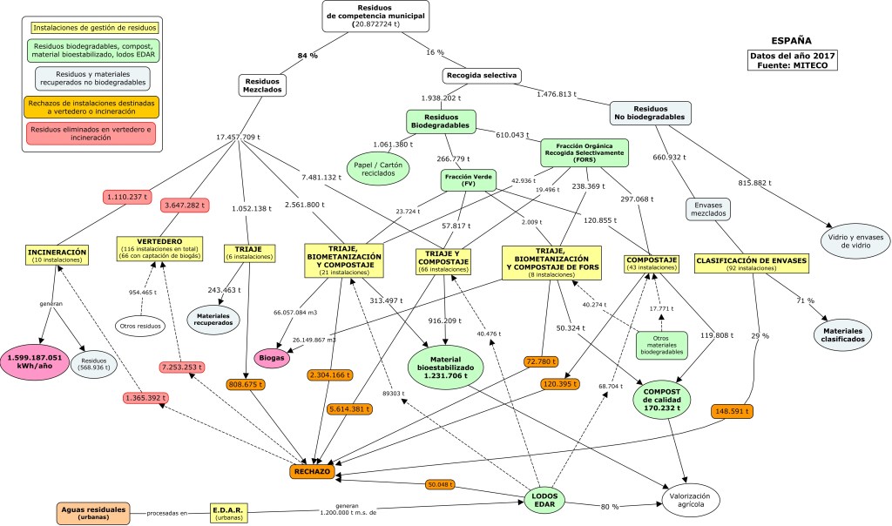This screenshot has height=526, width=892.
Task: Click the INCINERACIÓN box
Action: [x=57, y=254]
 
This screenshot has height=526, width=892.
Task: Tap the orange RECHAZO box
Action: [x=312, y=471]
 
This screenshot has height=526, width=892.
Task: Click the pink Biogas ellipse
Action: [x=274, y=356]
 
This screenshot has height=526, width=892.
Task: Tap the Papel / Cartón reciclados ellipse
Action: [x=379, y=168]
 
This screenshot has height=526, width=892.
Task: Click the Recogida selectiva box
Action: [x=482, y=75]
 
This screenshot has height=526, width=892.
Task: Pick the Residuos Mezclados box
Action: [x=263, y=84]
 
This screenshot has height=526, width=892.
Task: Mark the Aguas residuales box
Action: [x=93, y=512]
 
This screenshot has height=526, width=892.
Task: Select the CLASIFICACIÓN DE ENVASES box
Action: [x=751, y=264]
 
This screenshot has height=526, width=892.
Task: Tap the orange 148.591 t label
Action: [x=731, y=411]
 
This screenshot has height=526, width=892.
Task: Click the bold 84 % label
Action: [x=307, y=55]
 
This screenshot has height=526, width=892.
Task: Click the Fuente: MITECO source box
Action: [x=792, y=60]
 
